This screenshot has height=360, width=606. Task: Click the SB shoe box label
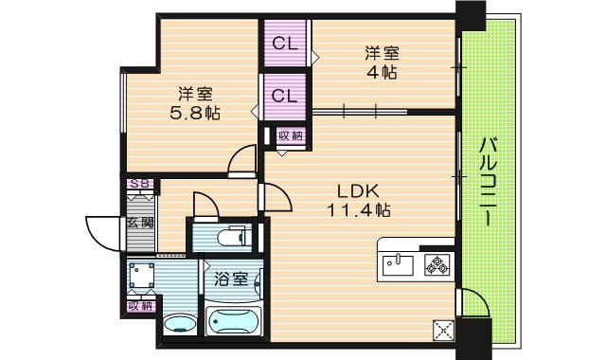(140, 185)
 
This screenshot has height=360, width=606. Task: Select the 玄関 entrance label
(140, 224)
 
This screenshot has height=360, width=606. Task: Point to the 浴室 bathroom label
(232, 279)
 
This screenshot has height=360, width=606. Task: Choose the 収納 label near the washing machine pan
(140, 306)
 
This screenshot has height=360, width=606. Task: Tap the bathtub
(233, 321)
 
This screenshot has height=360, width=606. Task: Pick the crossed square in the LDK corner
(443, 330)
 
